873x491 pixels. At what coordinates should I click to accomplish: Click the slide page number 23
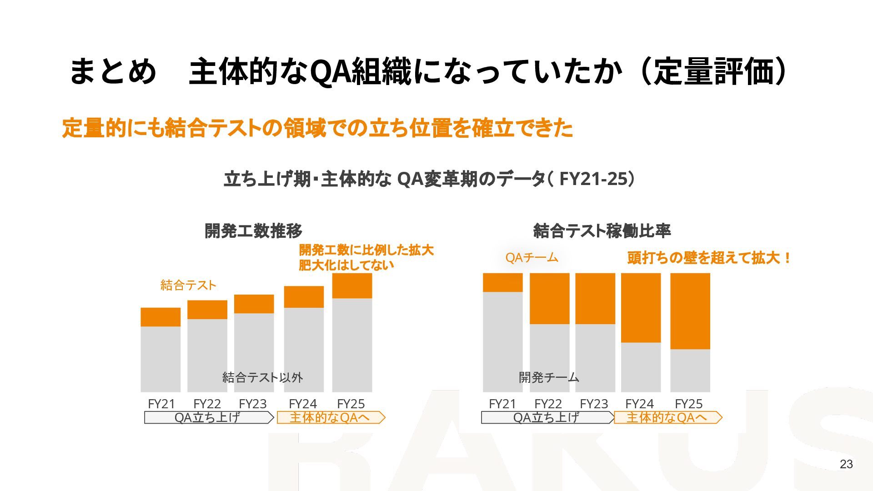(x=846, y=464)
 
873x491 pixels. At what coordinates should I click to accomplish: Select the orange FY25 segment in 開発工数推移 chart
(x=352, y=286)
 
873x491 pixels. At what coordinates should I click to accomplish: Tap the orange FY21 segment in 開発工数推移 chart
(x=161, y=317)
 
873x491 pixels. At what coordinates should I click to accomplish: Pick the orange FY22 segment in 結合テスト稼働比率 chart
(x=549, y=298)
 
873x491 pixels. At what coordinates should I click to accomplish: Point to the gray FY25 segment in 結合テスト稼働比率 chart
(x=690, y=370)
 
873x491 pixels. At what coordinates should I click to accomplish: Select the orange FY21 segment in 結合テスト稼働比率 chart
(x=502, y=282)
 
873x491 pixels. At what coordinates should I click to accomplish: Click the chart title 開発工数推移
(x=253, y=231)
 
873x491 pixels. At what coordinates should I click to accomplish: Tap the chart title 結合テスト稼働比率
(x=602, y=231)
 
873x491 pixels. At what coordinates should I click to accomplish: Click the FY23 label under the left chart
(x=252, y=404)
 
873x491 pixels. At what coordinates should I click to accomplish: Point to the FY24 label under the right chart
(x=639, y=404)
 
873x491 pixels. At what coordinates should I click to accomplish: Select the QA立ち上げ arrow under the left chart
(x=208, y=417)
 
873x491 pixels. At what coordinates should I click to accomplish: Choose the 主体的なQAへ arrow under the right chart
(x=667, y=417)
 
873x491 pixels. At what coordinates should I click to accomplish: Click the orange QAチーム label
(x=532, y=258)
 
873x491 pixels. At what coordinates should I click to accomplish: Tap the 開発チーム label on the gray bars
(x=549, y=377)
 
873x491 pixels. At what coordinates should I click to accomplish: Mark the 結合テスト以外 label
(x=262, y=377)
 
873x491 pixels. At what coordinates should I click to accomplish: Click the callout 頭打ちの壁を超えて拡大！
(x=709, y=258)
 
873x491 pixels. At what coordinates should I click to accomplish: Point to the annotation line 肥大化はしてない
(x=346, y=265)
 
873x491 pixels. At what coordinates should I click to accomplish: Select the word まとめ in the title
(x=112, y=72)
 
